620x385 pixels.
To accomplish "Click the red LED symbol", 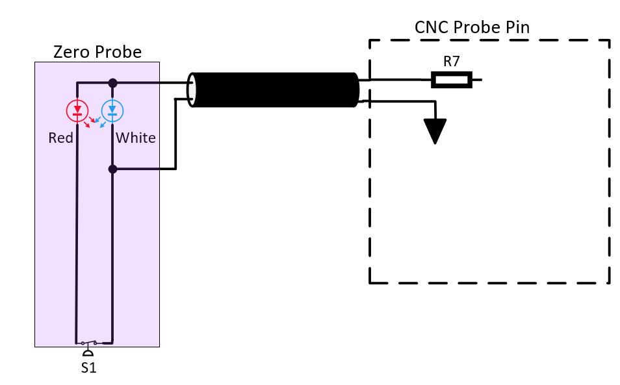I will point(77,110).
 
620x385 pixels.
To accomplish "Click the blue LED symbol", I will point(112,110).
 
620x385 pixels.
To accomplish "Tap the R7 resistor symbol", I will point(452,80).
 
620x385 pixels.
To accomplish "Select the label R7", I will point(452,62).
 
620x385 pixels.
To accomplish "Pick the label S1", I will point(88,366).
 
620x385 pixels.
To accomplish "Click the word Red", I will point(60,138).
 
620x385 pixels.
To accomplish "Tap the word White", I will point(135,138).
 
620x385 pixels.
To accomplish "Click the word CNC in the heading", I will point(430,28).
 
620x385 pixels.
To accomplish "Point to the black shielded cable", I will point(276,90).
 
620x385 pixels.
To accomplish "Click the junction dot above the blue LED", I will point(112,82).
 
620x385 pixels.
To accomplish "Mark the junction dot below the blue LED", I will point(112,169).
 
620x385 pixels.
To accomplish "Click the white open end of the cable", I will point(192,90).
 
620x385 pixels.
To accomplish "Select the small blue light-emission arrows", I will point(100,121).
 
